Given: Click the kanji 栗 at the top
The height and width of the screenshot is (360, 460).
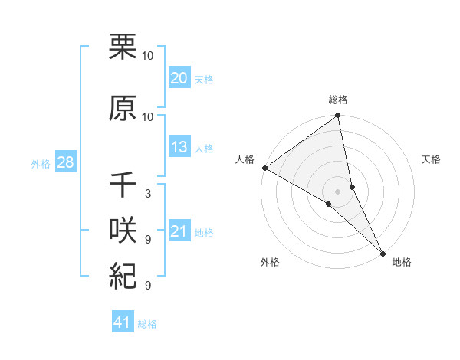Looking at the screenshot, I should (123, 48).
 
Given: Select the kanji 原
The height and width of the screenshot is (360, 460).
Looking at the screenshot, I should (123, 110).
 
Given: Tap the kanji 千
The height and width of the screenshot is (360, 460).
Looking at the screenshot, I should (123, 186).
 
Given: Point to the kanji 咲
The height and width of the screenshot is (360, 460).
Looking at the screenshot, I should (123, 232).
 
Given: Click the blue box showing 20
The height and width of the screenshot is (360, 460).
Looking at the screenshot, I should (179, 78).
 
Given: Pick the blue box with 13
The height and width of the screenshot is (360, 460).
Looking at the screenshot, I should (179, 147).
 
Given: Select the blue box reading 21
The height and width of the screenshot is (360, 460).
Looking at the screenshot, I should (179, 231).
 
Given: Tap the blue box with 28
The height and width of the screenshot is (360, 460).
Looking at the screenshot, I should (65, 162).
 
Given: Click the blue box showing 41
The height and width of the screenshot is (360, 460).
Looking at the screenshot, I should (123, 322).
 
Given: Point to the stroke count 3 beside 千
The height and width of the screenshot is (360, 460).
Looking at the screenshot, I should (148, 194).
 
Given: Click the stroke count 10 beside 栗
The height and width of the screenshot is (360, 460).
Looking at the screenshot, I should (149, 56).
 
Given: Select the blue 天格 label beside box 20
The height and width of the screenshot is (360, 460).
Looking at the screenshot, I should (204, 79).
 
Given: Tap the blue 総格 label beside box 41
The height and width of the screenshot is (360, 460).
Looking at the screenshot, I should (147, 324).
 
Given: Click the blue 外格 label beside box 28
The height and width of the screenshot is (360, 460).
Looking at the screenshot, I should (41, 163).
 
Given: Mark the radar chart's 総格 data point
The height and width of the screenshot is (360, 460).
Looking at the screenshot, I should (337, 116).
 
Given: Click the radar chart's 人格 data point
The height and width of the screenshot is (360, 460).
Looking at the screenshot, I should (264, 168).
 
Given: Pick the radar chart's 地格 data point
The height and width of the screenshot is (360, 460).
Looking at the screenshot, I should (383, 253).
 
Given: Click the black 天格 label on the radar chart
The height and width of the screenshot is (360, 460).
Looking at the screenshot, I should (432, 159).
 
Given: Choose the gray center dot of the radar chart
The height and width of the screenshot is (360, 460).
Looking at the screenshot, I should (337, 191).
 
